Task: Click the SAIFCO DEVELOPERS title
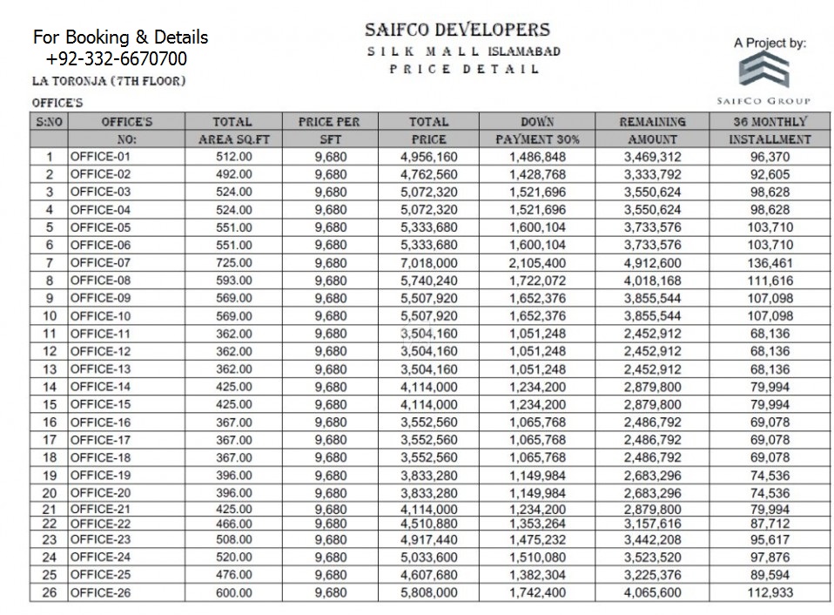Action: [x=457, y=30]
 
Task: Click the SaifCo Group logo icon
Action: [x=763, y=72]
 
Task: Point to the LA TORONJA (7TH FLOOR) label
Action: [x=108, y=81]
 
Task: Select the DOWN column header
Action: [x=537, y=122]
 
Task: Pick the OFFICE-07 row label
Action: [x=100, y=263]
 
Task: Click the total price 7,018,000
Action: [x=428, y=263]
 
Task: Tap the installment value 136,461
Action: [x=770, y=263]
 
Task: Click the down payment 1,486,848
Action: [x=537, y=157]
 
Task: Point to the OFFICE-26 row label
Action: [x=100, y=592]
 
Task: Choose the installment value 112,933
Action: [x=770, y=592]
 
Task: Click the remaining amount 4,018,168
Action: [x=652, y=280]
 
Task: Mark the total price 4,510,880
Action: [x=428, y=524]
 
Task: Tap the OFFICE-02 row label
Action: [x=100, y=174]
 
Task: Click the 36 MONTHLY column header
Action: [x=770, y=122]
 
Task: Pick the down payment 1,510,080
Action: [x=537, y=558]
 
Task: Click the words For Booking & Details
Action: [x=121, y=38]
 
